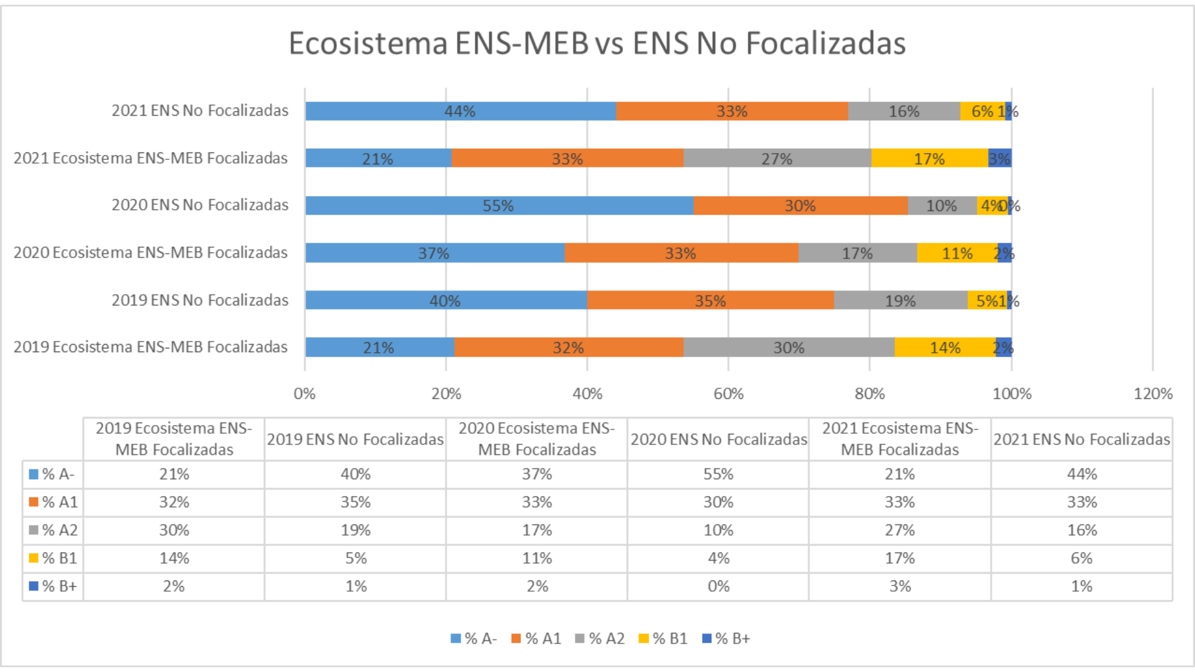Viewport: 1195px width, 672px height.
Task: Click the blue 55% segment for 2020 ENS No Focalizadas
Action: [x=499, y=205]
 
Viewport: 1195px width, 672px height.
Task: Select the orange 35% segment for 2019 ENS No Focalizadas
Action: [x=710, y=301]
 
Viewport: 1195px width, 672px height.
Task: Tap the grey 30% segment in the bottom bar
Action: [x=789, y=347]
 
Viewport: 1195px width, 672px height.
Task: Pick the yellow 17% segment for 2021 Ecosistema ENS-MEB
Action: [x=929, y=159]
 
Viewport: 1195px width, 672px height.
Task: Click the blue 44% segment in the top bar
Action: [x=460, y=111]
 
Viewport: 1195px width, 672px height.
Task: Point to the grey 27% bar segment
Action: [x=777, y=159]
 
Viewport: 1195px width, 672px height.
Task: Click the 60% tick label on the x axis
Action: [x=728, y=394]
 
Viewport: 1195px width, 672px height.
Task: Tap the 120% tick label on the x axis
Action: [x=1153, y=394]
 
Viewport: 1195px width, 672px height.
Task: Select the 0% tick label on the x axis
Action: [x=304, y=394]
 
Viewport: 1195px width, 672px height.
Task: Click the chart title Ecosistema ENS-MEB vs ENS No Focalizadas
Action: [x=597, y=44]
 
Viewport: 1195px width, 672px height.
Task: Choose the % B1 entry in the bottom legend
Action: [x=663, y=638]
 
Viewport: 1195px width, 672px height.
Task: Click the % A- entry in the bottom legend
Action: [x=474, y=638]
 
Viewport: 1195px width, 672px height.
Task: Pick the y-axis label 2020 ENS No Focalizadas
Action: [x=200, y=205]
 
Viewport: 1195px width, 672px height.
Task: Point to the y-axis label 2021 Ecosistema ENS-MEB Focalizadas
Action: [x=151, y=158]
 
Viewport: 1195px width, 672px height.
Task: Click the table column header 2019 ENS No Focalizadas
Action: [x=355, y=439]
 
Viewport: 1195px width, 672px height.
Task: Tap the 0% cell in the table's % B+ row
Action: [x=718, y=586]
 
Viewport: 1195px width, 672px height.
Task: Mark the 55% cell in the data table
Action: [x=718, y=474]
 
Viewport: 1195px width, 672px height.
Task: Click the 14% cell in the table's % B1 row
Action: [x=174, y=558]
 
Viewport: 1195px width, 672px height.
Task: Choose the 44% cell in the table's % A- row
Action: [x=1082, y=474]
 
